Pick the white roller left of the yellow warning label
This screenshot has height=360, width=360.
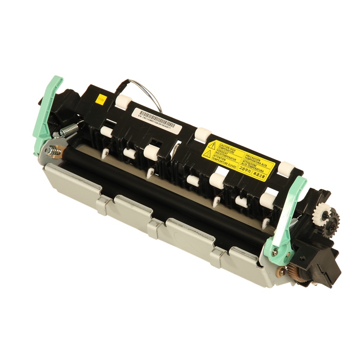[x=202, y=134]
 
